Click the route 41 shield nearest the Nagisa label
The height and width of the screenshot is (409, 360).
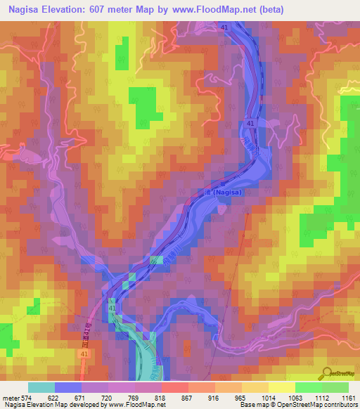click(251, 124)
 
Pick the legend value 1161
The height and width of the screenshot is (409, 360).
click(349, 397)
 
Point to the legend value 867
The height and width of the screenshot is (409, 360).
click(188, 397)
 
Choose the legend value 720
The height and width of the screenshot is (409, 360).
click(107, 397)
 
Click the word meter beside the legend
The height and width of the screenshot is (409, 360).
click(9, 397)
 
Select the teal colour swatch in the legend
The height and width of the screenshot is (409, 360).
click(41, 387)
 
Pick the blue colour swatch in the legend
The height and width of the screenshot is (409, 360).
click(67, 387)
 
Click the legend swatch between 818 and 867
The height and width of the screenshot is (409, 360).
click(175, 387)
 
